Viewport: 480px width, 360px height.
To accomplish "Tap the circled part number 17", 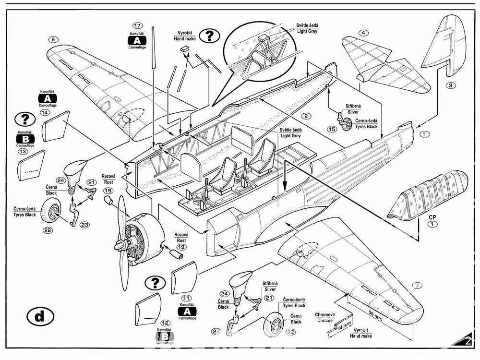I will [x=138, y=25].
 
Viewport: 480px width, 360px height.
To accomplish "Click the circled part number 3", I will [x=450, y=86].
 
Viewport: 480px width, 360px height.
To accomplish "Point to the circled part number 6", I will [x=53, y=39].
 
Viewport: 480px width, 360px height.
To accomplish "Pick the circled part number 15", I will [x=331, y=129].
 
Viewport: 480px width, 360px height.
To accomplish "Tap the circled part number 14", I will [x=45, y=113].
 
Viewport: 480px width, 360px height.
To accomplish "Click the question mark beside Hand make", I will [x=209, y=36].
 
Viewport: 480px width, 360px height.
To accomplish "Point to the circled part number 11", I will [x=187, y=298].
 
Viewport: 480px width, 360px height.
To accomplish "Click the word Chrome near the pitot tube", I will [x=324, y=321].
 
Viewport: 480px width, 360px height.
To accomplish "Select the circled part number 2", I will [x=304, y=116].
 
